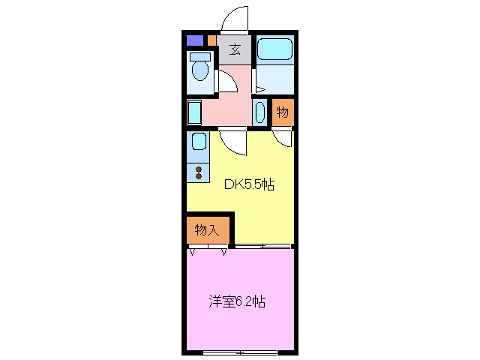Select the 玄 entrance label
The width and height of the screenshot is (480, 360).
235,50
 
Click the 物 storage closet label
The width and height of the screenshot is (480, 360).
282,112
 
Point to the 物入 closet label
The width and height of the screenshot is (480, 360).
207,230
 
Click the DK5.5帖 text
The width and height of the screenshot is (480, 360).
250,184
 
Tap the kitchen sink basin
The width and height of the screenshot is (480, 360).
198,142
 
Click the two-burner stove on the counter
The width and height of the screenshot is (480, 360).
198,172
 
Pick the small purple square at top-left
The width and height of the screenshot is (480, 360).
194,40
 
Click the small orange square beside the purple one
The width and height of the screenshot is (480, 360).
212,40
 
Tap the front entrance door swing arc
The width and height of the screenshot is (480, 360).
235,19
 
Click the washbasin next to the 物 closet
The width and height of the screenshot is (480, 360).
259,112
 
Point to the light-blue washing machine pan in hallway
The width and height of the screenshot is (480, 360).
194,112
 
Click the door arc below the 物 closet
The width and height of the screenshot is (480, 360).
282,137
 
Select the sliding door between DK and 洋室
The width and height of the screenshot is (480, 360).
262,246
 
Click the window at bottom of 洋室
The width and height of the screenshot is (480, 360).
240,352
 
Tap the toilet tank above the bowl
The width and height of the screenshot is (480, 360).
200,57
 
